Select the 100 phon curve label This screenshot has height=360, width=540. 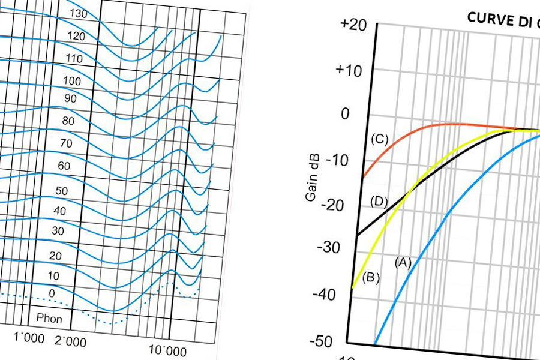[71, 81]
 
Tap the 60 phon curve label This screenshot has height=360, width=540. [64, 165]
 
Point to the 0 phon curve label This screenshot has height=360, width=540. [51, 293]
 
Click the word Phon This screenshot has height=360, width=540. [49, 319]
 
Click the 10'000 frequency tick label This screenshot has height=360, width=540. [168, 351]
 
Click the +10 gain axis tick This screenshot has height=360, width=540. [349, 70]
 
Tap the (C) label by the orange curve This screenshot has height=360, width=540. [379, 139]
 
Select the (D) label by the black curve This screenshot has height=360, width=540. [379, 200]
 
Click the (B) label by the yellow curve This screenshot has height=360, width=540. [372, 277]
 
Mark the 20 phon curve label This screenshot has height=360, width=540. [55, 256]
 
